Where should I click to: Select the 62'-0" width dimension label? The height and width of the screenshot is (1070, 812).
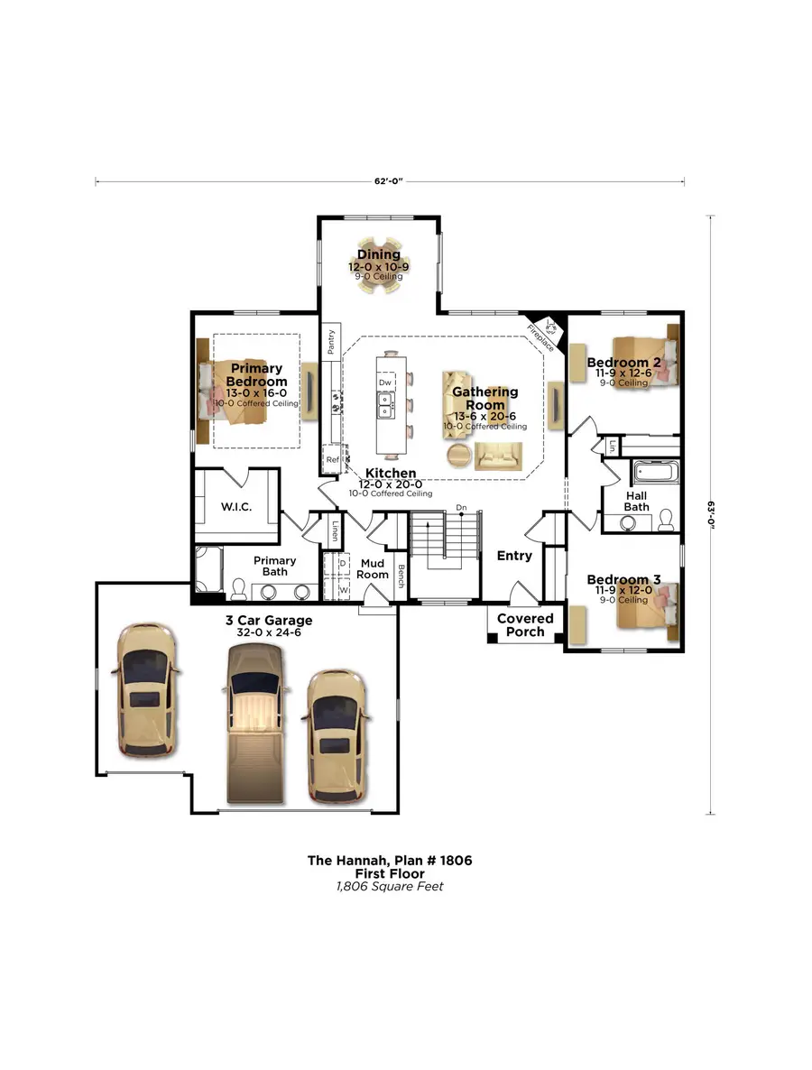(388, 181)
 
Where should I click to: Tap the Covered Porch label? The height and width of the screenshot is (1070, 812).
(525, 625)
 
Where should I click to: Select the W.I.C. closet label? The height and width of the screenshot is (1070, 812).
(235, 507)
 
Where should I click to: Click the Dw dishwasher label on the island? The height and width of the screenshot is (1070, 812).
(384, 383)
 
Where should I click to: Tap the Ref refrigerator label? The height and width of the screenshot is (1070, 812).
(332, 459)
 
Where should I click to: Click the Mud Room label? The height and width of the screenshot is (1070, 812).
(372, 568)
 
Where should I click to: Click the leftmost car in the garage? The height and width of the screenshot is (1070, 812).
(146, 690)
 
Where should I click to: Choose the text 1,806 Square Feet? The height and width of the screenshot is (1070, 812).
(389, 886)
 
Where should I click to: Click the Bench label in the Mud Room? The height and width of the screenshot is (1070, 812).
(401, 574)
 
